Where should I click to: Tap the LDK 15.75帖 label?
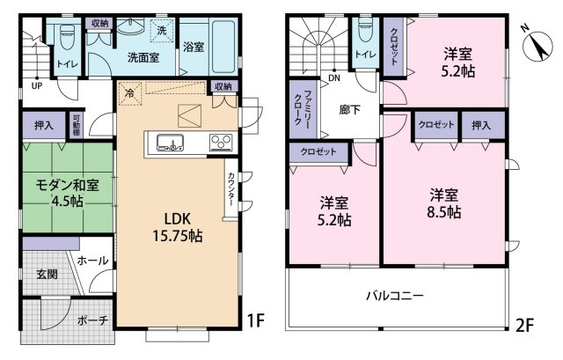click(x=178, y=227)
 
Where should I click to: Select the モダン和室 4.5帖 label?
click(x=67, y=193)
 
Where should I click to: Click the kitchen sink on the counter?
click(x=170, y=143)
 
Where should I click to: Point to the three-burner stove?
click(x=221, y=143)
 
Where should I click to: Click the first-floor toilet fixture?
click(x=67, y=37)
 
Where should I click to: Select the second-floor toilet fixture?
click(x=365, y=29)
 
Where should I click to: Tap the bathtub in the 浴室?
click(x=223, y=47)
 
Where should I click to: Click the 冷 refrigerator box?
click(x=129, y=93)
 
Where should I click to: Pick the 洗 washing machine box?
click(x=162, y=31)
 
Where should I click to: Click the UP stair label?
click(x=37, y=86)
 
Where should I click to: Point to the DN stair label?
click(x=334, y=78)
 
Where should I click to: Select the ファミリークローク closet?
click(x=303, y=109)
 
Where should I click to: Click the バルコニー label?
click(x=395, y=296)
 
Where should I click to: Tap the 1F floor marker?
click(x=256, y=321)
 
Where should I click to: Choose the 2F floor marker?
click(x=524, y=326)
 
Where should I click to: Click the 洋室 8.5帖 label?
click(x=444, y=203)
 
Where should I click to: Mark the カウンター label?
click(x=230, y=189)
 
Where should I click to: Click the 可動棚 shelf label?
click(x=77, y=125)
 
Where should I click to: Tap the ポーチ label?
click(x=92, y=320)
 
